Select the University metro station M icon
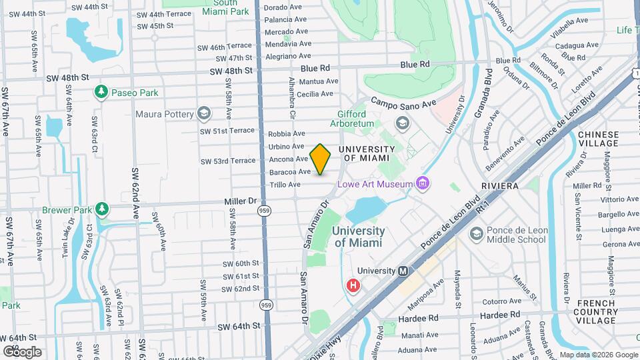coord(403,271)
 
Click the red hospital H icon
coord(353,286)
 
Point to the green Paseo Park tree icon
coord(101,92)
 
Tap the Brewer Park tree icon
coord(101,209)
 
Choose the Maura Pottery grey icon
coord(204,114)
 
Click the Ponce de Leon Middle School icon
coord(476,234)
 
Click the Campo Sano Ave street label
coord(403,103)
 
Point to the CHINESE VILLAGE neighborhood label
coord(598,139)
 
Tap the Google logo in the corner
coord(22,351)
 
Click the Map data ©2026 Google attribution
coord(598,355)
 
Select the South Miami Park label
coord(226,7)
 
